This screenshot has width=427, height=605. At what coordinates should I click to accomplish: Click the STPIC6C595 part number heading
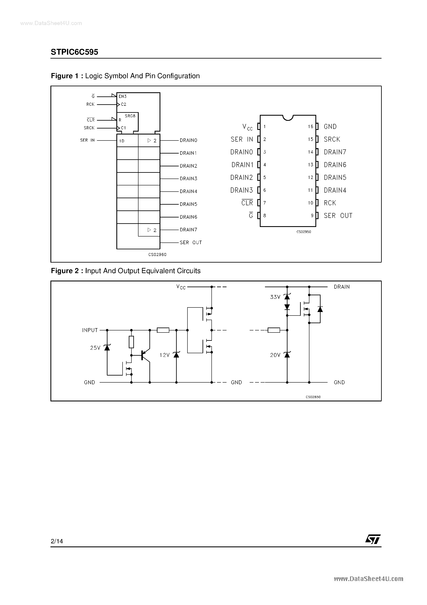point(74,52)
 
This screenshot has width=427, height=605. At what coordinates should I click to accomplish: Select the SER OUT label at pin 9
point(338,216)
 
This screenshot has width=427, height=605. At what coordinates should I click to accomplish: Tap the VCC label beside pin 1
point(247,127)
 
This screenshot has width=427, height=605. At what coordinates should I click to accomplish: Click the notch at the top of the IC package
point(288,118)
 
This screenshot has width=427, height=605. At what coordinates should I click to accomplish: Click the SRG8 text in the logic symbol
point(130,116)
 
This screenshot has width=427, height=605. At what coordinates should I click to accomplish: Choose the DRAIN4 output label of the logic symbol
point(188,191)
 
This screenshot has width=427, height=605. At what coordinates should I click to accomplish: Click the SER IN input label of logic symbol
point(87,140)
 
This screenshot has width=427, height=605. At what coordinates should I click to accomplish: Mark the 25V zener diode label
point(95,348)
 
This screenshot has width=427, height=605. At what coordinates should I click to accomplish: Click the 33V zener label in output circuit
point(275,297)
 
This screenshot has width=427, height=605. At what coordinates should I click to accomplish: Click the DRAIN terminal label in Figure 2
point(342,287)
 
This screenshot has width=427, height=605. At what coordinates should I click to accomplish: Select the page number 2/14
point(57,541)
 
